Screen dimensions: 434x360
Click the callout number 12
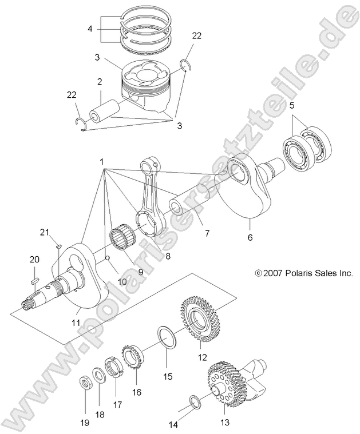pyautogui.click(x=201, y=359)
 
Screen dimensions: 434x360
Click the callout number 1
pyautogui.click(x=102, y=162)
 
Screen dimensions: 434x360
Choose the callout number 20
pyautogui.click(x=34, y=260)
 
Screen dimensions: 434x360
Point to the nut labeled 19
pyautogui.click(x=84, y=383)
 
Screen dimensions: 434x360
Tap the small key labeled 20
pyautogui.click(x=34, y=281)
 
